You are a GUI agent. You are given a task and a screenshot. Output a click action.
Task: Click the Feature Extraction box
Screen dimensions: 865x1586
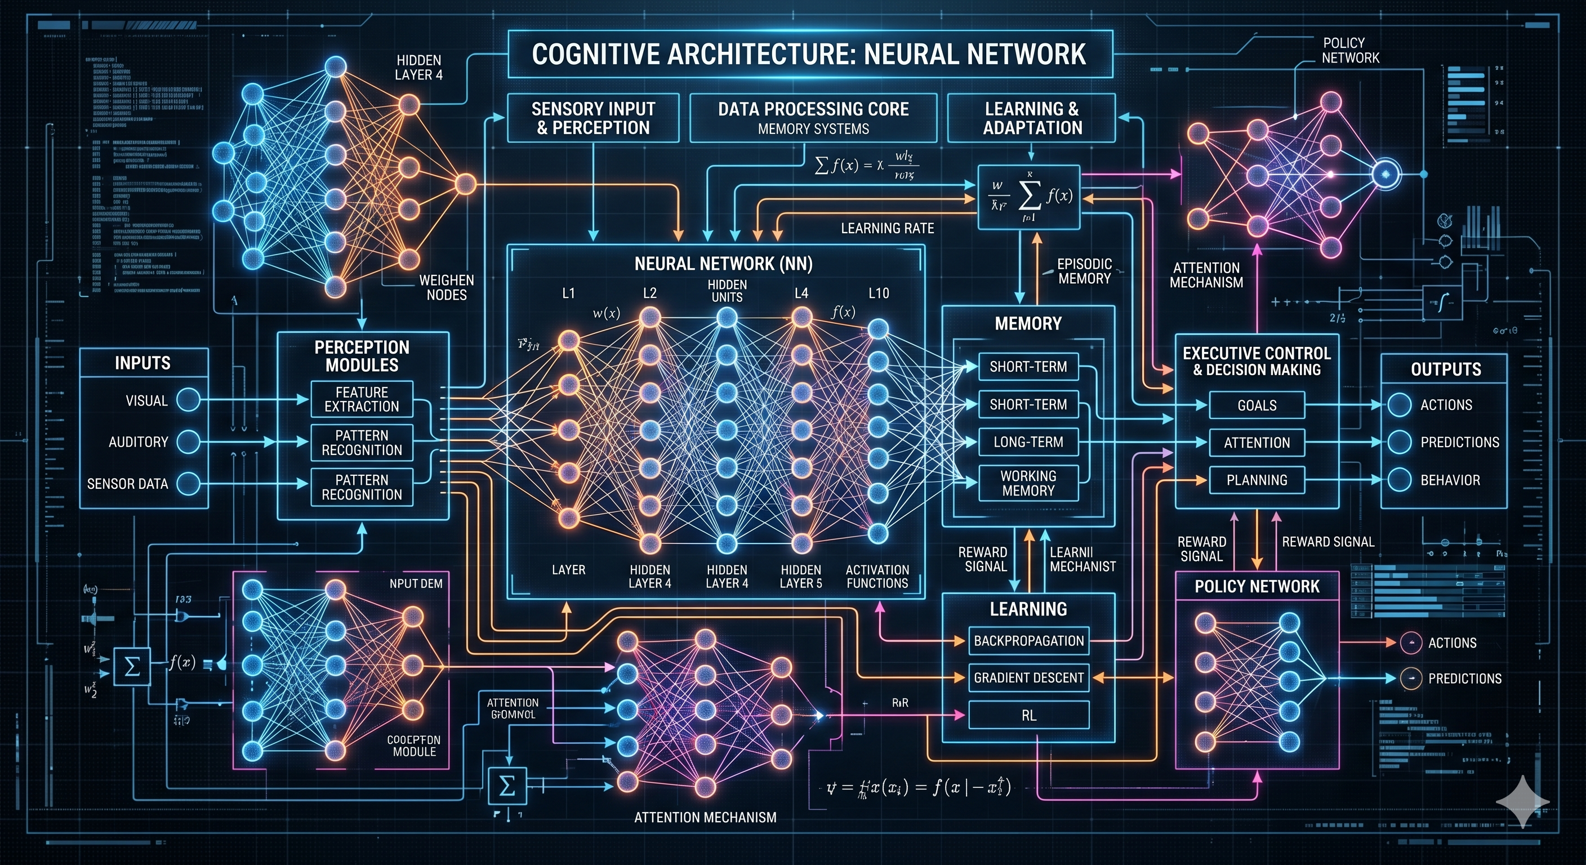coord(362,399)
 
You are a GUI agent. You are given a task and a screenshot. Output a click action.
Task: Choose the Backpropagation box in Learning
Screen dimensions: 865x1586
coord(1028,641)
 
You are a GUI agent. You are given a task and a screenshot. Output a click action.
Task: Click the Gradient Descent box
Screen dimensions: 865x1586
coord(1028,678)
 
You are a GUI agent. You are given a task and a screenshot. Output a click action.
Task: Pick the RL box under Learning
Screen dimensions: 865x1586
coord(1028,715)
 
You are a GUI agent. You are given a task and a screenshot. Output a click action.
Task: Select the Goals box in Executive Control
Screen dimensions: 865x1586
coord(1257,405)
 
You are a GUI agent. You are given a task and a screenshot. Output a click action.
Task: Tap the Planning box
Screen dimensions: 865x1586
coord(1257,480)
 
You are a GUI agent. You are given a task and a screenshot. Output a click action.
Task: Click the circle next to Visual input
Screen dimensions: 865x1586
coord(189,400)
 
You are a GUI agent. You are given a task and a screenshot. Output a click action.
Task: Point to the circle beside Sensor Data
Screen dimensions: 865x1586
coord(189,483)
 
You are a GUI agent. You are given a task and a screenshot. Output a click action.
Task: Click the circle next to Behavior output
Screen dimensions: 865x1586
coord(1400,480)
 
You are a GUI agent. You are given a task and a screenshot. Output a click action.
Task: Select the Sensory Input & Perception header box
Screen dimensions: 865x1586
coord(593,118)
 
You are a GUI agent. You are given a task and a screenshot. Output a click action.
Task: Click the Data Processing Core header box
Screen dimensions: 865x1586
coord(813,118)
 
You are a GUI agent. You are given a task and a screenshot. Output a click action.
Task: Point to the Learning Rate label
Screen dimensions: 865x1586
coord(887,229)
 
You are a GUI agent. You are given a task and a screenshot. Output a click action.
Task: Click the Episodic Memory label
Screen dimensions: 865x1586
coord(1084,271)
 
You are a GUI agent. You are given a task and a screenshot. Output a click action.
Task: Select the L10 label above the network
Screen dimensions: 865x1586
coord(879,293)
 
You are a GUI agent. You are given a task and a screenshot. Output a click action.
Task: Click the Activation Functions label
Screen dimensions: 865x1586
coord(877,576)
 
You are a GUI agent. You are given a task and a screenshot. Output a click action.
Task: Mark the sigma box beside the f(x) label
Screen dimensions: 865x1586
coord(132,666)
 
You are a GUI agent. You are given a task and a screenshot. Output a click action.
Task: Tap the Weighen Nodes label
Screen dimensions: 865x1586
coord(447,288)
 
